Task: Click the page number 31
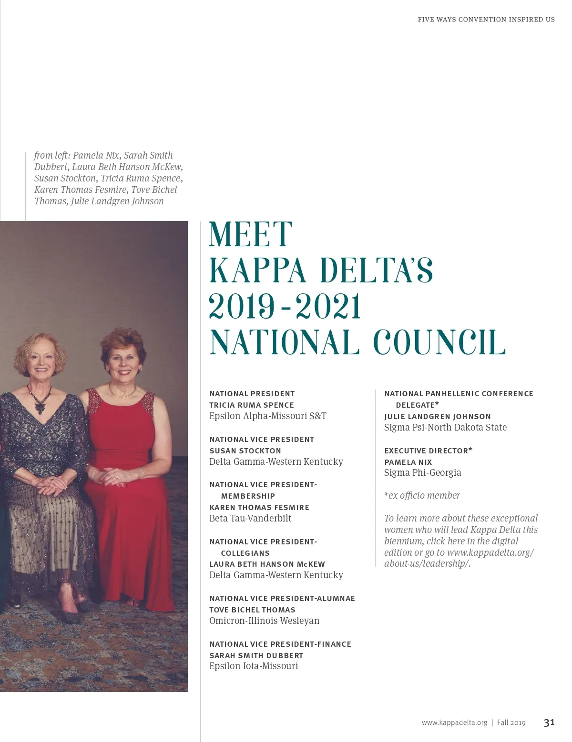pos(549,722)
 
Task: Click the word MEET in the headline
pos(251,234)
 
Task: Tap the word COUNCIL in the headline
pos(439,342)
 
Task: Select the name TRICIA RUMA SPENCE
pos(252,405)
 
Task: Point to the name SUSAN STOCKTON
pos(245,451)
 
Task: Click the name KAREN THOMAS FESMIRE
pos(259,507)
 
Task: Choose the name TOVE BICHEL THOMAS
pos(252,610)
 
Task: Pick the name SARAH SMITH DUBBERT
pos(256,655)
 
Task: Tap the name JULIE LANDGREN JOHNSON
pos(437,416)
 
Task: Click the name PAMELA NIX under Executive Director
pos(408,462)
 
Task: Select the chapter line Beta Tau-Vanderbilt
pos(250,519)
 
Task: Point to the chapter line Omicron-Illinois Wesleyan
pos(264,621)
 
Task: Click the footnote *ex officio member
pos(422,495)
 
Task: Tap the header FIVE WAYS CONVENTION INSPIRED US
pos(486,20)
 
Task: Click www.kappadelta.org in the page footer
pos(454,722)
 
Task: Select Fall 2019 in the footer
pos(511,722)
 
